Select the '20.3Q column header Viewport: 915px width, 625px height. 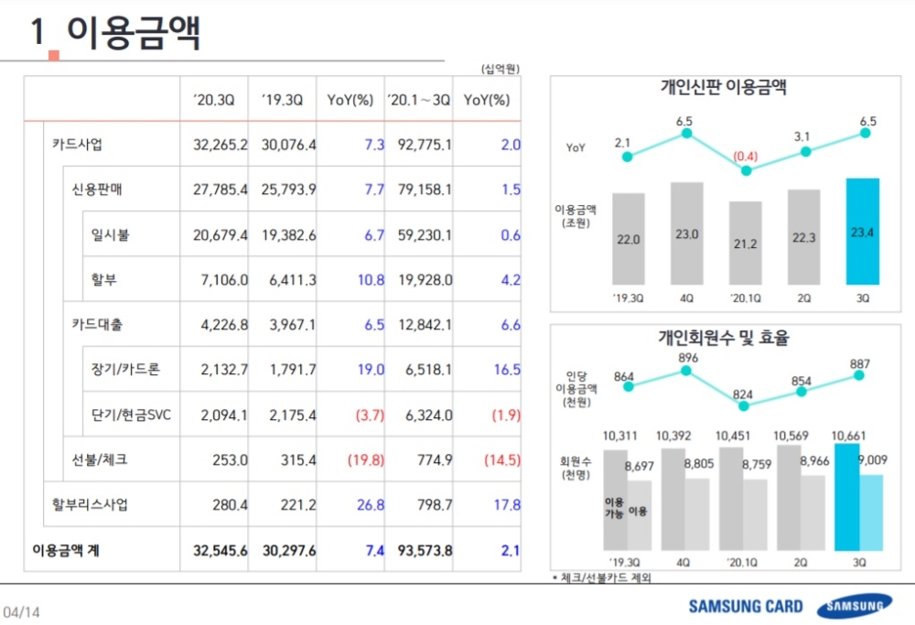point(214,101)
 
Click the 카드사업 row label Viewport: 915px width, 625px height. point(78,144)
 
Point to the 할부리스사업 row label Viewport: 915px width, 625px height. point(91,504)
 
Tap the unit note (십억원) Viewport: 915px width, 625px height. point(500,69)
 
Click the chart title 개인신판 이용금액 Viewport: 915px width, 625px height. point(725,88)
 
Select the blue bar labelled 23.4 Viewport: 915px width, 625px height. point(863,232)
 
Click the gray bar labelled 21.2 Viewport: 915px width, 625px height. point(745,243)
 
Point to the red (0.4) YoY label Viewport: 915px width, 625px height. point(745,155)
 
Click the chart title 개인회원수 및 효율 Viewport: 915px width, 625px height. point(725,337)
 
